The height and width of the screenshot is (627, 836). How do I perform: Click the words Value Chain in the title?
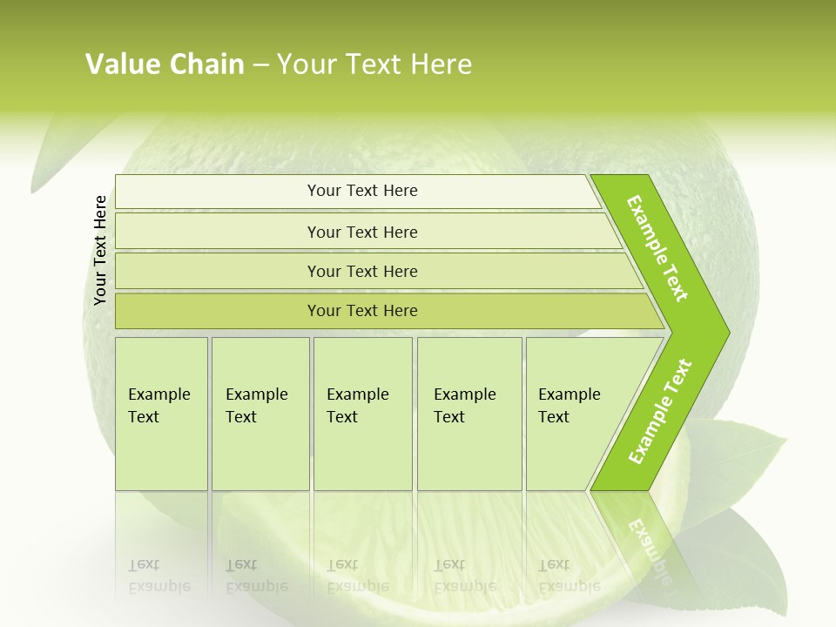(x=165, y=64)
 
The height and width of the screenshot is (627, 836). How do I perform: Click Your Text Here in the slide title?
(x=374, y=64)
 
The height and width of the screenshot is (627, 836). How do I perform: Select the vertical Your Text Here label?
(x=100, y=250)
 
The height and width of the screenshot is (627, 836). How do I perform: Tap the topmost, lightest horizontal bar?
(x=362, y=191)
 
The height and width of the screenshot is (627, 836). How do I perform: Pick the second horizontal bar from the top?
(x=362, y=232)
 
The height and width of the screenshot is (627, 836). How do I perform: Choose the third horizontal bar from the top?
(x=362, y=271)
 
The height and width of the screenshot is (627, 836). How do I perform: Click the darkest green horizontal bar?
(x=362, y=311)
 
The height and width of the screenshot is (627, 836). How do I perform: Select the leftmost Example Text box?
(x=161, y=414)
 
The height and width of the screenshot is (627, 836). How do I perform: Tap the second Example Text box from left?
(x=260, y=414)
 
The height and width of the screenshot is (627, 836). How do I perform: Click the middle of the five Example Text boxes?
(x=362, y=414)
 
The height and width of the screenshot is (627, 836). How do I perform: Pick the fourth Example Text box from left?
(x=469, y=414)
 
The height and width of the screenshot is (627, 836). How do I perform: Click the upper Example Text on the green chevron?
(x=657, y=248)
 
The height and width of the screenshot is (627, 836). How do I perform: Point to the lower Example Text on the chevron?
(x=660, y=412)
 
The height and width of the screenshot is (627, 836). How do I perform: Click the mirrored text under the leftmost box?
(x=159, y=576)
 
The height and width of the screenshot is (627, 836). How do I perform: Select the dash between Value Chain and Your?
(x=260, y=65)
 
